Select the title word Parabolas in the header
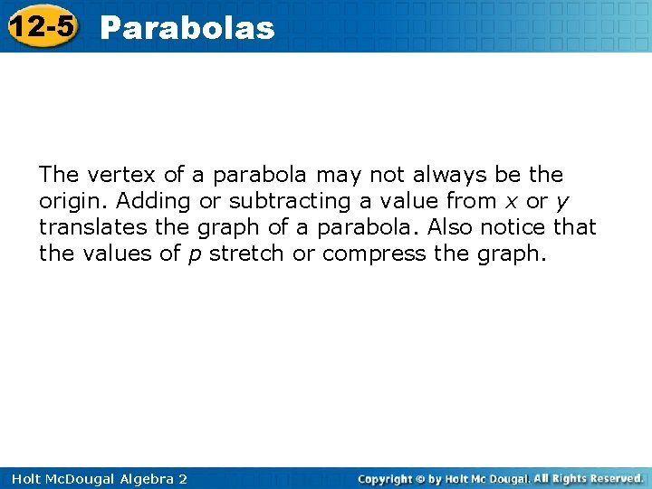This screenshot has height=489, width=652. [187, 28]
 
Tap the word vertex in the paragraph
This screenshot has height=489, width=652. [112, 174]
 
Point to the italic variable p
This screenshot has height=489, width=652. [195, 255]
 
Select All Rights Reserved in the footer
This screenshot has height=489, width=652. [588, 477]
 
